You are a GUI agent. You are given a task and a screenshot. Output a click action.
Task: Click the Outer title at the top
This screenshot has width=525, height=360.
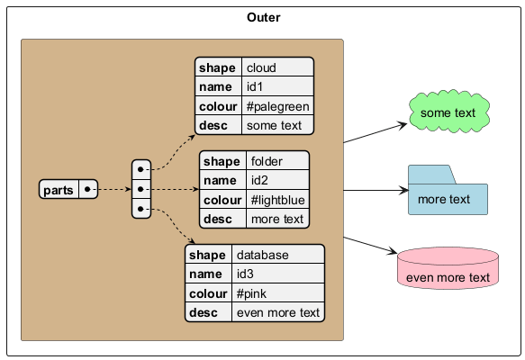(x=264, y=17)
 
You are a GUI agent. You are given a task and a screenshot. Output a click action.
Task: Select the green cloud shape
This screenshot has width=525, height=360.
(x=449, y=111)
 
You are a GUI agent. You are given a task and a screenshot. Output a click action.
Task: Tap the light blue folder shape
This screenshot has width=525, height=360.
(x=448, y=190)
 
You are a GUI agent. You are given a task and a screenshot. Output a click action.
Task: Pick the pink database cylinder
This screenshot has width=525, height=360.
(x=448, y=268)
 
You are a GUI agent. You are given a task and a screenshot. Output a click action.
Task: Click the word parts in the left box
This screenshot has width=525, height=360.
(x=59, y=190)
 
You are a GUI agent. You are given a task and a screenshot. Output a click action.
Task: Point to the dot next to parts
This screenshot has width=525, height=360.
(x=87, y=189)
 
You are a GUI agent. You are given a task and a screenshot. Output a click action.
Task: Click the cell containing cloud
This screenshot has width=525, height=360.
(x=277, y=67)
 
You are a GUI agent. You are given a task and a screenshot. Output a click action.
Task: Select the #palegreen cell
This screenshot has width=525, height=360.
(x=277, y=106)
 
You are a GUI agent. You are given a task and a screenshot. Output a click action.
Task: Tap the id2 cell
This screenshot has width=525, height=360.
(x=277, y=180)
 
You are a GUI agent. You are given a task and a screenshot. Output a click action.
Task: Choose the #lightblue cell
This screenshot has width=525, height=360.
(x=277, y=200)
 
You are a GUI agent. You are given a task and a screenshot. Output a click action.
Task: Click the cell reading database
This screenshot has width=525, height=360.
(x=278, y=255)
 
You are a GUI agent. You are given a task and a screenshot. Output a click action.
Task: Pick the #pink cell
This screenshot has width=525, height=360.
(x=278, y=293)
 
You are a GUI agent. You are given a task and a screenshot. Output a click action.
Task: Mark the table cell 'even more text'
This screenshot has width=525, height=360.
(x=278, y=312)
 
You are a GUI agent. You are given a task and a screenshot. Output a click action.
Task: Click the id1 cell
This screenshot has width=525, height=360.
(x=277, y=86)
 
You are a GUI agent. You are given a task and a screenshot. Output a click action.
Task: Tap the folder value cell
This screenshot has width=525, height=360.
(x=277, y=160)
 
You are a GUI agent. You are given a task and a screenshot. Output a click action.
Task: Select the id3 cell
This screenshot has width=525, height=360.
(x=278, y=274)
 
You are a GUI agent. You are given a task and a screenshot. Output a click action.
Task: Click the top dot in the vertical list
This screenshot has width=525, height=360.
(x=140, y=169)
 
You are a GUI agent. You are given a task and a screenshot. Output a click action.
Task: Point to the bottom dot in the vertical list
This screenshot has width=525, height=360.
(x=140, y=209)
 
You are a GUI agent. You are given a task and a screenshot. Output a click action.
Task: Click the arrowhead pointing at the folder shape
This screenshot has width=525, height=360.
(x=403, y=191)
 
